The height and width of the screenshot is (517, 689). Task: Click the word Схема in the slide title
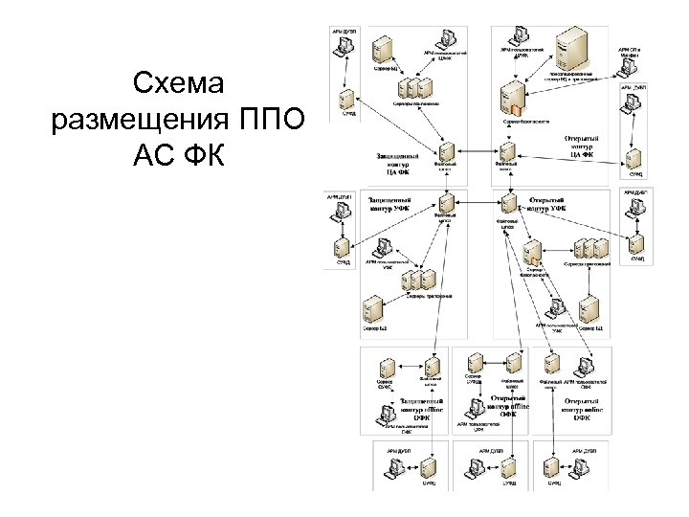tap(179, 86)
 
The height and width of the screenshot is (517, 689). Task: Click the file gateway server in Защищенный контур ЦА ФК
tap(444, 152)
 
